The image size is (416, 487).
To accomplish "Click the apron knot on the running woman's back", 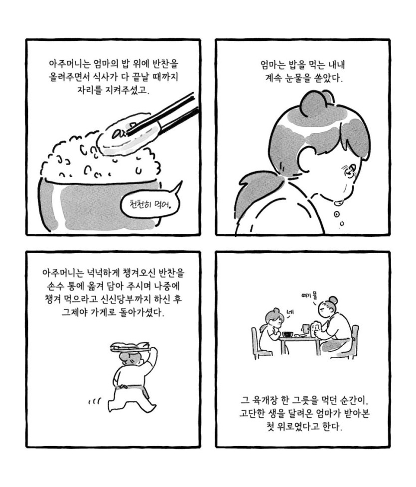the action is click(124, 387).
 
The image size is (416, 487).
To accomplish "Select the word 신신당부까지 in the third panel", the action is click(130, 299).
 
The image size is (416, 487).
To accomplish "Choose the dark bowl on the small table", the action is click(287, 334).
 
